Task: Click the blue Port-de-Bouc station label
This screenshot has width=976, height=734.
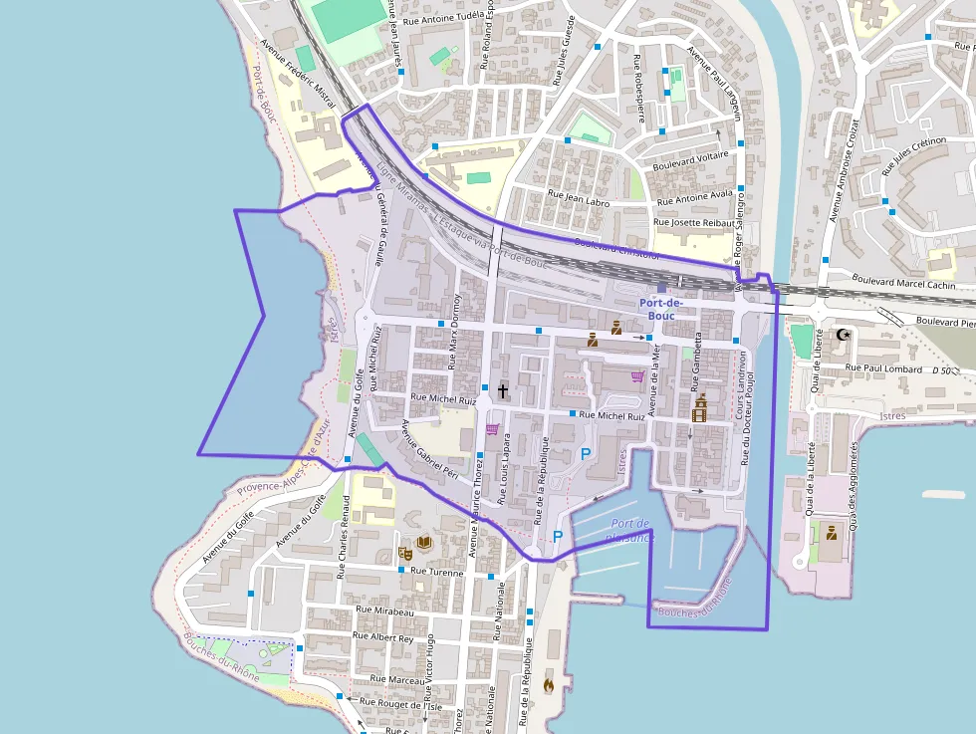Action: point(660,309)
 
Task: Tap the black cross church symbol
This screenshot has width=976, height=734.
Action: point(503,390)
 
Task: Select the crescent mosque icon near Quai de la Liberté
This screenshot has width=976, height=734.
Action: point(846,335)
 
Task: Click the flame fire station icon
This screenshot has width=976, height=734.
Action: point(548,684)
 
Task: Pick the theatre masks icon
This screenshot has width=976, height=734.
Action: point(405,552)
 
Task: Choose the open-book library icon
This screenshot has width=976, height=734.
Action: point(424,543)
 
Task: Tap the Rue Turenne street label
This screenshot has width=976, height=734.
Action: point(437,572)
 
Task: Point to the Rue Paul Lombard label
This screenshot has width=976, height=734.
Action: point(882,368)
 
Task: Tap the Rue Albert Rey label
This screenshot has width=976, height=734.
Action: point(383,637)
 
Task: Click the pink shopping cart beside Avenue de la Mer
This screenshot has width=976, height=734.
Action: point(636,377)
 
